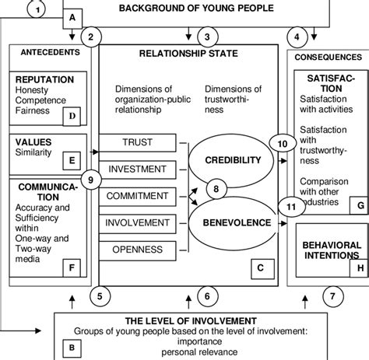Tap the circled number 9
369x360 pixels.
coord(91,180)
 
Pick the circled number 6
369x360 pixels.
coord(206,295)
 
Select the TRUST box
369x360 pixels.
coord(136,143)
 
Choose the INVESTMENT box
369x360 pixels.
coord(136,169)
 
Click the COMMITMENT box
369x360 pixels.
coord(136,195)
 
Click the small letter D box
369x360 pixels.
coord(73,116)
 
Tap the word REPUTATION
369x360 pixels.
coord(44,79)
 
